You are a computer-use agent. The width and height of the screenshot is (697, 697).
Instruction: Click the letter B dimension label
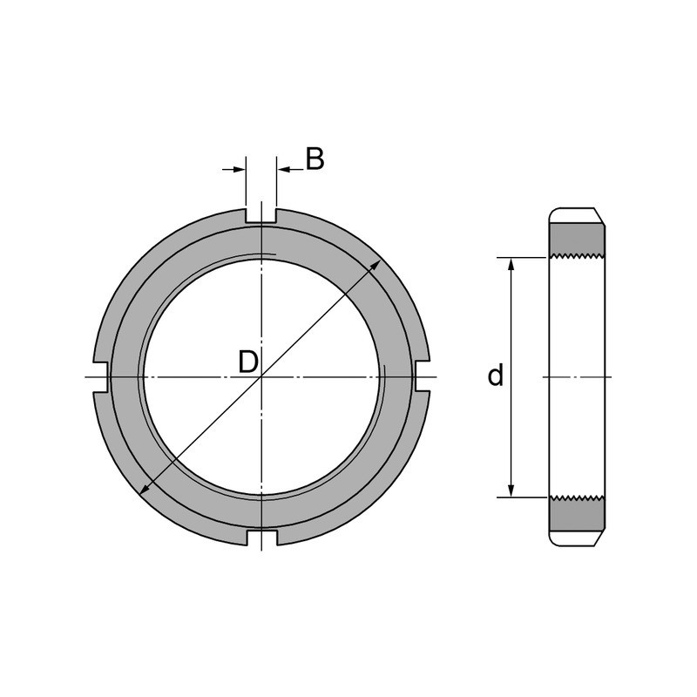(315, 159)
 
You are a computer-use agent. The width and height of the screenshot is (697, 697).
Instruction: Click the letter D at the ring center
(248, 362)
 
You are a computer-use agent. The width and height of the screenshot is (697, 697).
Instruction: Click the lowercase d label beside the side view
(495, 376)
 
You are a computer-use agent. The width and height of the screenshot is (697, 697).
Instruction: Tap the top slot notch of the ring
(261, 216)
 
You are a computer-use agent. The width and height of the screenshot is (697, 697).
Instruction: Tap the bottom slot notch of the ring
(262, 537)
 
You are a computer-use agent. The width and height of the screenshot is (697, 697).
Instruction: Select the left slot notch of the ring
(100, 377)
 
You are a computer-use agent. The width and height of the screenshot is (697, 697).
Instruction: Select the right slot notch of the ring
(423, 376)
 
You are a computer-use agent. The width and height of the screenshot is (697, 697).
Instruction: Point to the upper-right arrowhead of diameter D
(376, 265)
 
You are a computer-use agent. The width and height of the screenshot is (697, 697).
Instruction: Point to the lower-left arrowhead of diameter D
(145, 489)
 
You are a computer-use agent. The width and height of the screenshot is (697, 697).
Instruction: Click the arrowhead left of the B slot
(240, 169)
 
